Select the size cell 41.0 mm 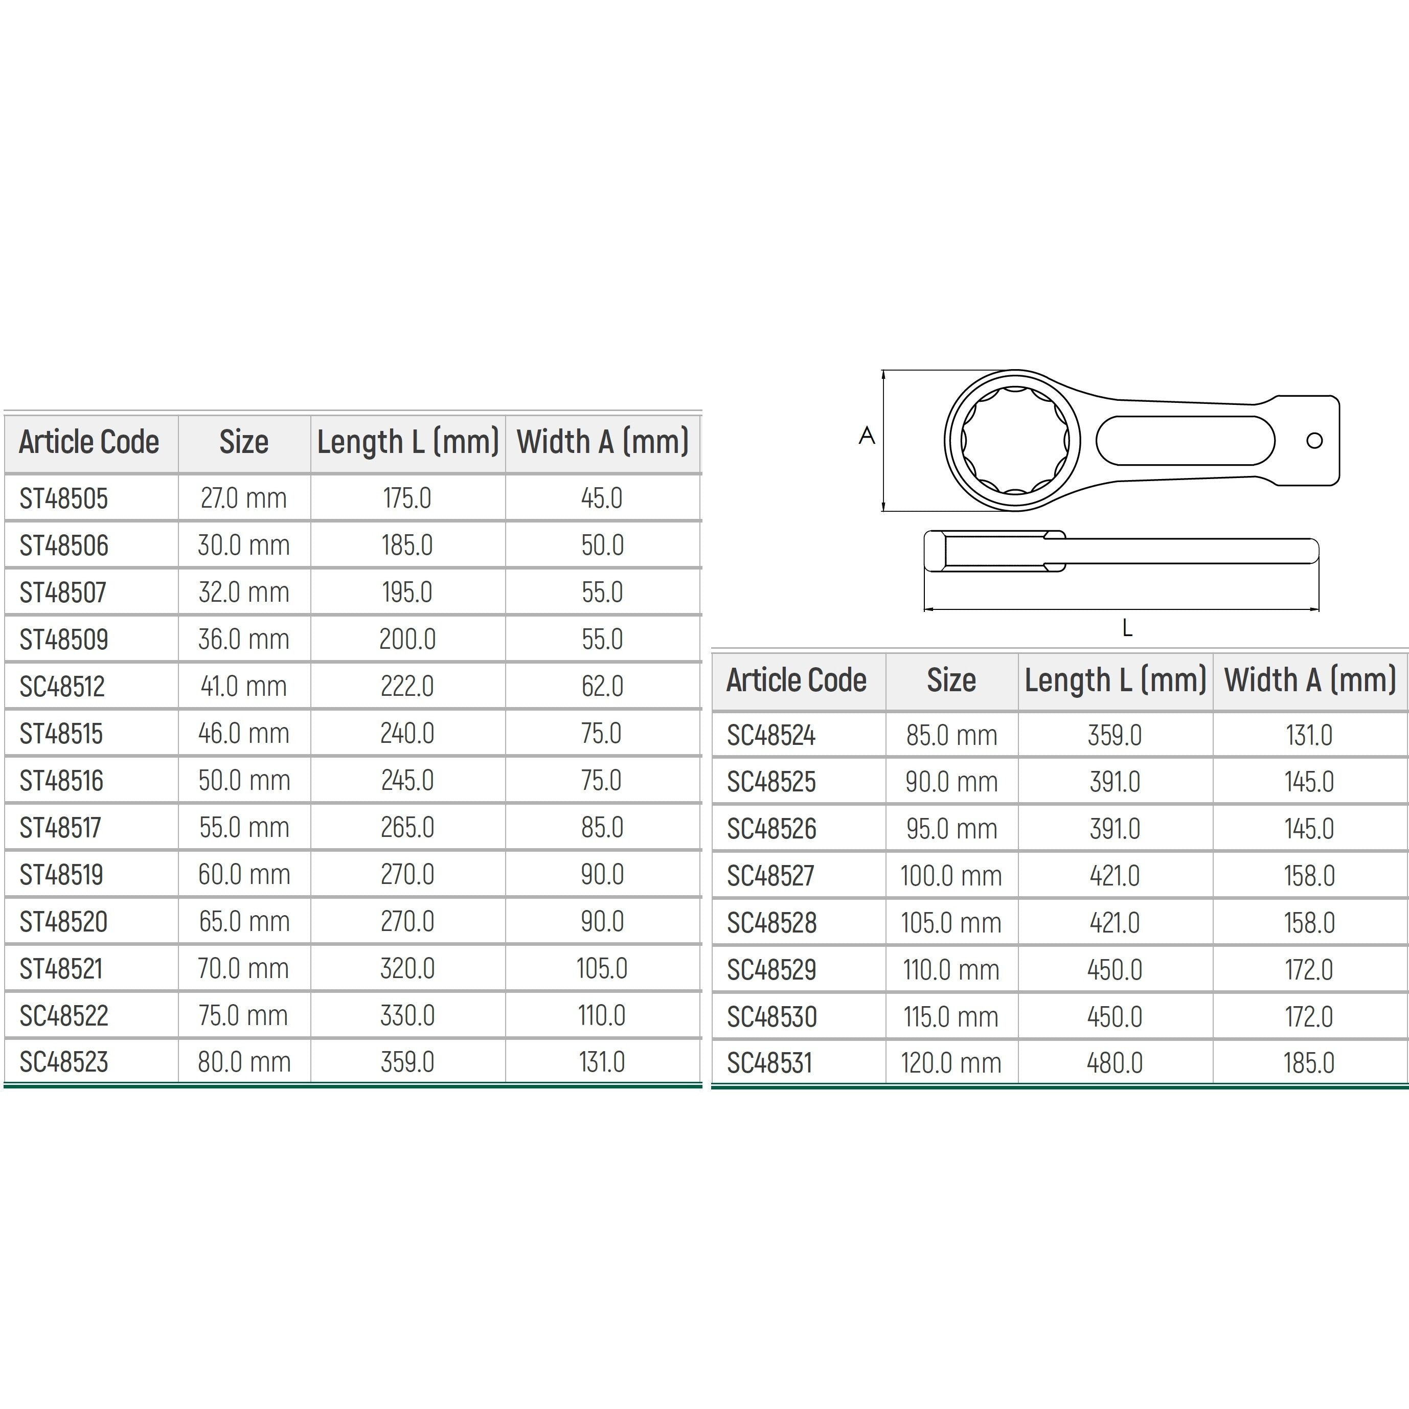pyautogui.click(x=243, y=686)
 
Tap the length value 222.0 pyautogui.click(x=407, y=686)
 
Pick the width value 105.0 pyautogui.click(x=602, y=968)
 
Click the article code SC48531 pyautogui.click(x=769, y=1063)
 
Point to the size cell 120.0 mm pyautogui.click(x=951, y=1063)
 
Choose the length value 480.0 pyautogui.click(x=1115, y=1063)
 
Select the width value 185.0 pyautogui.click(x=1309, y=1063)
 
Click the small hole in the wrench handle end pyautogui.click(x=1314, y=441)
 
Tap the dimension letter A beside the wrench pyautogui.click(x=867, y=436)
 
